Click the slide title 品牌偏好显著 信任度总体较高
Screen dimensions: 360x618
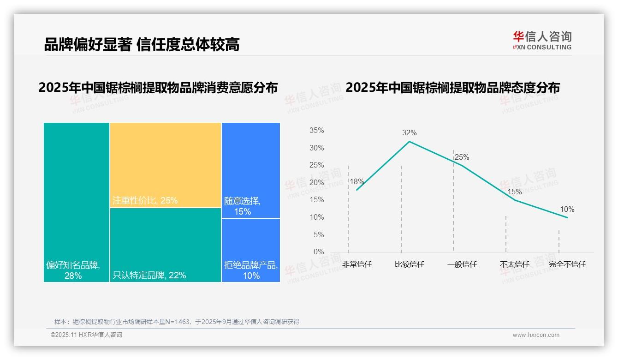coord(142,44)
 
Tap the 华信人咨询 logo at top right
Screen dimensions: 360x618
coord(542,40)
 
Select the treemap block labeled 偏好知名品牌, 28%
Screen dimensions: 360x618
coord(77,202)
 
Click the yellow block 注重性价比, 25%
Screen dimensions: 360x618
coord(166,165)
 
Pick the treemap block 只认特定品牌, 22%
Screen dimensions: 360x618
coord(166,245)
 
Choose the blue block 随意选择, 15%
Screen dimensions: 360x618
coord(251,170)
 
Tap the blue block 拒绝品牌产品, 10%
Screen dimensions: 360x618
coord(251,250)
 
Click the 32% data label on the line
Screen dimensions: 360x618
coord(409,133)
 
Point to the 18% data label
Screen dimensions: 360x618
coord(357,182)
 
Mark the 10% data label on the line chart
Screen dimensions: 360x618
coord(567,210)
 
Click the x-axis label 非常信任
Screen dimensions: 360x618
coord(357,264)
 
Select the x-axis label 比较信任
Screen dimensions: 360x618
coord(409,264)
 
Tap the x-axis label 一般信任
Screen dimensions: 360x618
coord(462,264)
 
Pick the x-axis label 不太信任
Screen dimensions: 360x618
coord(514,264)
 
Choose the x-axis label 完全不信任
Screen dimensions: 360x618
coord(567,264)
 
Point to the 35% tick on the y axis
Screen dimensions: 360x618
coord(316,131)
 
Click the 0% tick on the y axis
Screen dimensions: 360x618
coord(318,252)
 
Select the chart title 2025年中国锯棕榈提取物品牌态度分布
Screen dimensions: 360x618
coord(452,87)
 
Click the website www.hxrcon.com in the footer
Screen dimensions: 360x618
coord(536,335)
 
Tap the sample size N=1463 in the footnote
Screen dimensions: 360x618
coord(176,322)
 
